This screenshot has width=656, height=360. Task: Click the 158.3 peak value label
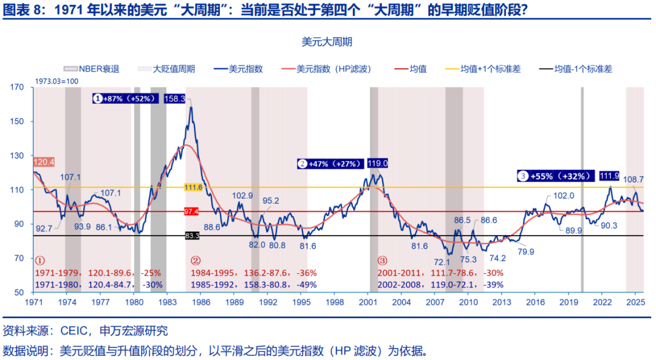coord(175,98)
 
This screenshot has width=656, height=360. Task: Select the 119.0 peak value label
coord(378,163)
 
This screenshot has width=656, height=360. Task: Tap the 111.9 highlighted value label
coord(609,176)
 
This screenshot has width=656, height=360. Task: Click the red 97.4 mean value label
coord(192,211)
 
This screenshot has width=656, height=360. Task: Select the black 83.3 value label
coord(192,236)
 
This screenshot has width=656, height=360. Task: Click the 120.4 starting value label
coord(44,162)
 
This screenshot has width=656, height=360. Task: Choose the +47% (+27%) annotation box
coord(330,163)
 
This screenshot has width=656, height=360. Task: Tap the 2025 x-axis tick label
coord(635,302)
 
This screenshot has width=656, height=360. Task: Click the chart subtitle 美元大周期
coord(327,42)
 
